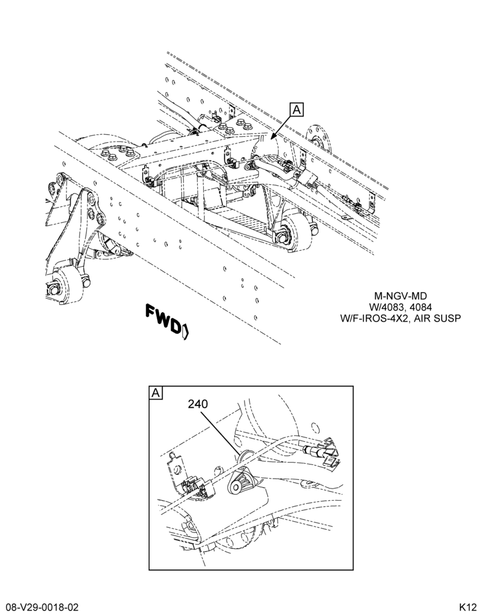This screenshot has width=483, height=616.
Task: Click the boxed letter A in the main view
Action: tap(297, 110)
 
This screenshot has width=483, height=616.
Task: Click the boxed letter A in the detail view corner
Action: tap(156, 392)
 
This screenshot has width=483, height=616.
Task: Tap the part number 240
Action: tap(198, 404)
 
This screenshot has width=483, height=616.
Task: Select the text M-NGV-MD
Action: tap(400, 296)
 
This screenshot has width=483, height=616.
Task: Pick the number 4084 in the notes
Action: tap(421, 307)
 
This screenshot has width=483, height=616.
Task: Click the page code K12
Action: tap(468, 607)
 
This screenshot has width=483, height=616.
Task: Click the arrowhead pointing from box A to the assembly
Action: tap(272, 137)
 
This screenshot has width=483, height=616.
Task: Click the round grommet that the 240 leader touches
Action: tap(245, 456)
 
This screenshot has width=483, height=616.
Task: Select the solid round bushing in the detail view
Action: tap(237, 487)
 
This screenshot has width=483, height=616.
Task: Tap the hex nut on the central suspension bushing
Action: tap(282, 237)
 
